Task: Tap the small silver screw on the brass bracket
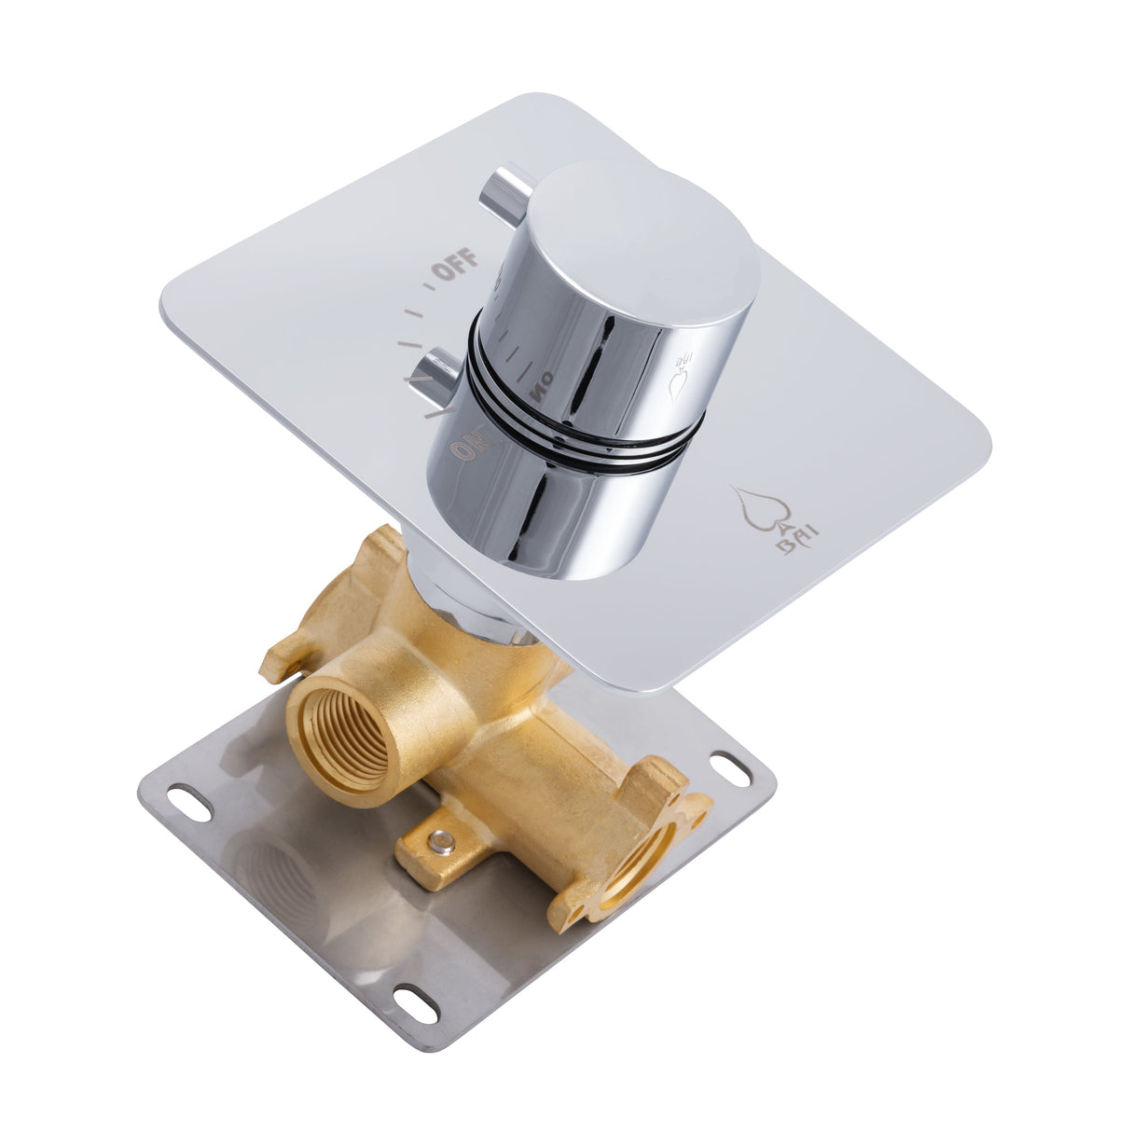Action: point(444,847)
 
